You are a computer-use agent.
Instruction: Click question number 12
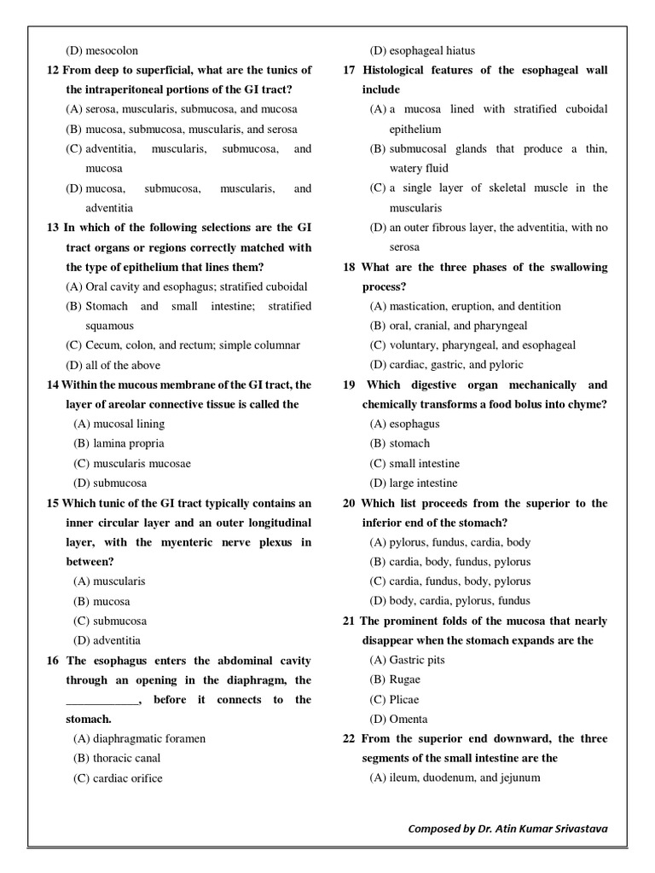[53, 70]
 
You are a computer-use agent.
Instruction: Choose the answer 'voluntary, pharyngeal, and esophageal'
[472, 345]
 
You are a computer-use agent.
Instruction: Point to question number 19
[349, 384]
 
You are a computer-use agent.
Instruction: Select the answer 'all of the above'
[113, 365]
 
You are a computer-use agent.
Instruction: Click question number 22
[349, 738]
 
